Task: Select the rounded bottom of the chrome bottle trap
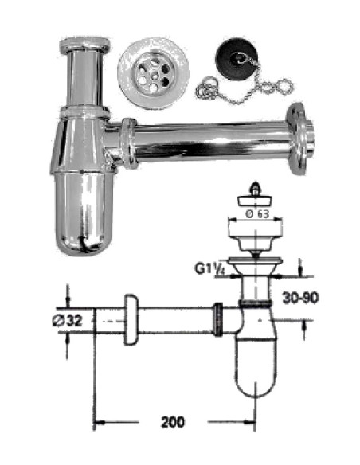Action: [84, 227]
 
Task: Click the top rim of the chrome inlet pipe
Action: [85, 42]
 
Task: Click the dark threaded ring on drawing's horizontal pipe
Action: [216, 320]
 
